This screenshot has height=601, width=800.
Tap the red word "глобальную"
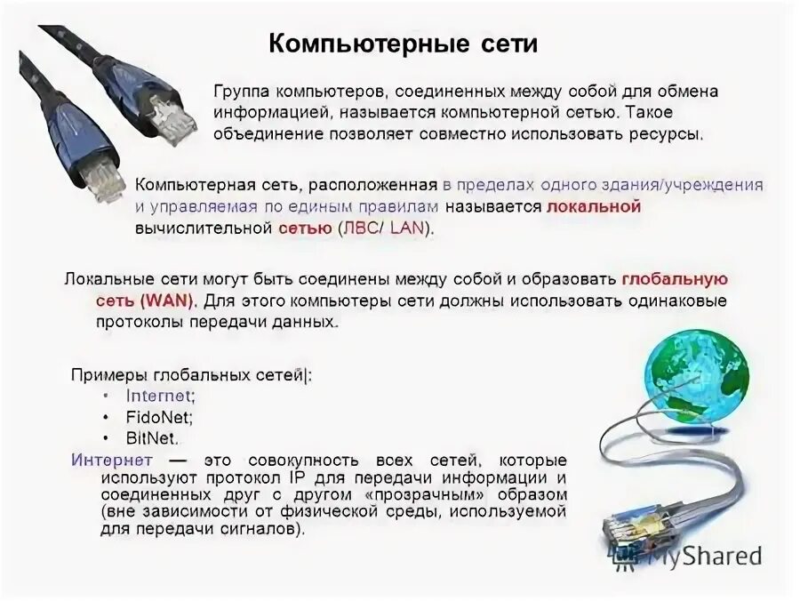(675, 279)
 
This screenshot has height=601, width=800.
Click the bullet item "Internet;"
(161, 396)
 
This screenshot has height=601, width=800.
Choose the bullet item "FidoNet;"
(159, 417)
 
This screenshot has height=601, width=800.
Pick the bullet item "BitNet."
(152, 438)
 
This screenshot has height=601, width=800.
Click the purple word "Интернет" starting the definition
(111, 461)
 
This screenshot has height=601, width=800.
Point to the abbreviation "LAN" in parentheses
(408, 228)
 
